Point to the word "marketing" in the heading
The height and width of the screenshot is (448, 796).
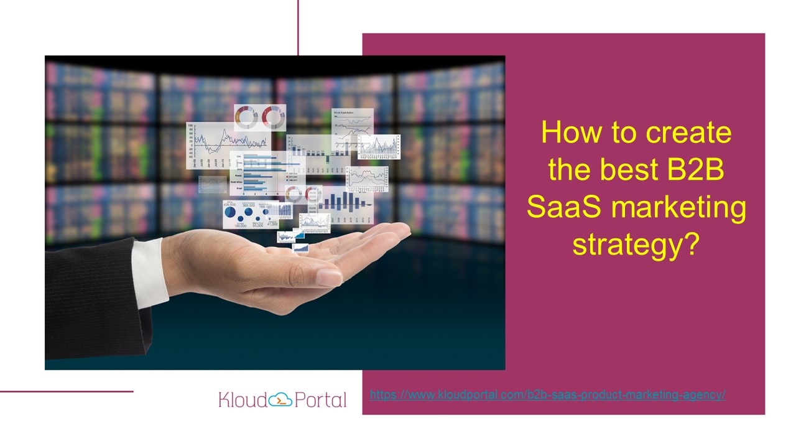click(678, 208)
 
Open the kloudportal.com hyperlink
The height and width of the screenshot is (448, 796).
click(548, 394)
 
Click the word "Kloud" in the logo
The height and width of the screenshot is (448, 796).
click(243, 399)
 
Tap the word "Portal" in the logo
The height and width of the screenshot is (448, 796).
click(321, 399)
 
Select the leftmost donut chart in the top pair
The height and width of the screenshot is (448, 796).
click(246, 116)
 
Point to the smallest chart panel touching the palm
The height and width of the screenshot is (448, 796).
click(300, 248)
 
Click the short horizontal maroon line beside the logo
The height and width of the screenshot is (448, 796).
click(67, 391)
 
